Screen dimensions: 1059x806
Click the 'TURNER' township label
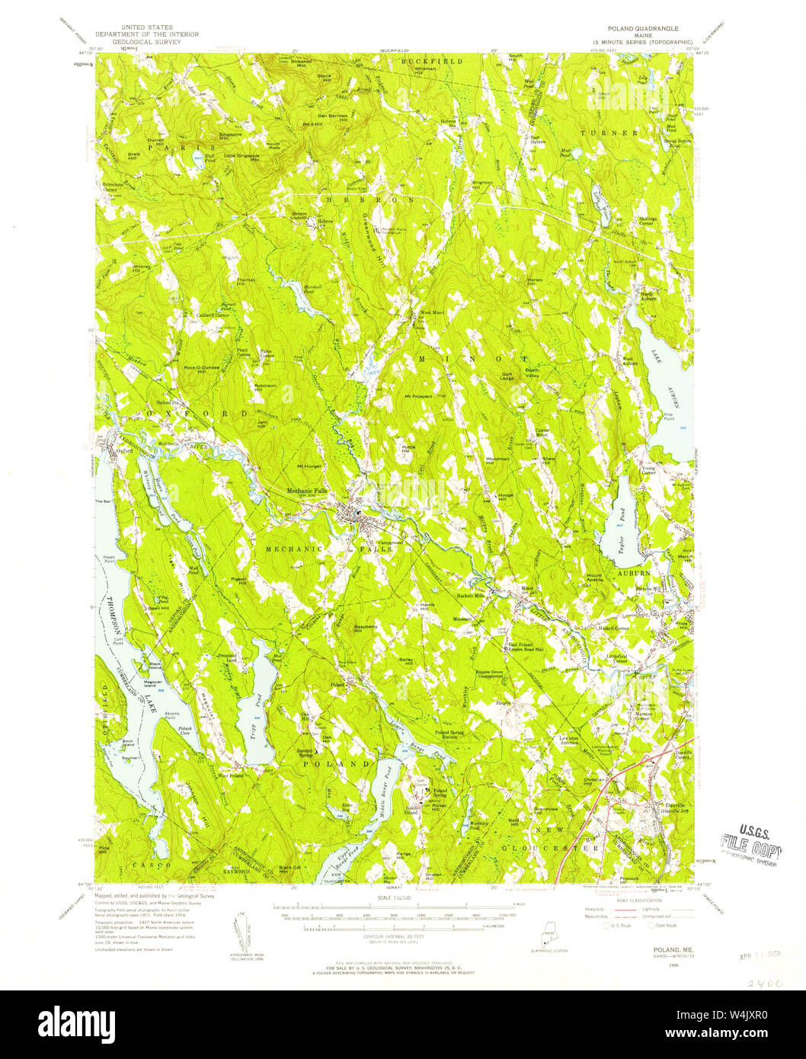[619, 133]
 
